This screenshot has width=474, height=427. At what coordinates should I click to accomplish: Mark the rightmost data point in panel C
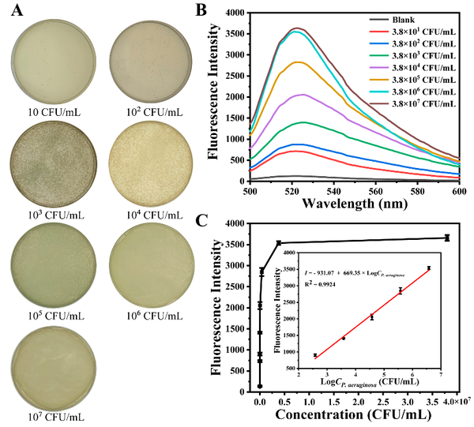pyautogui.click(x=446, y=238)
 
